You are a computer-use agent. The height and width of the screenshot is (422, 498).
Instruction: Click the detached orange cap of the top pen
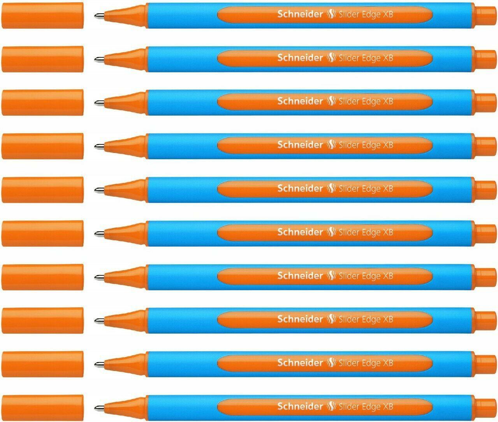(x=43, y=16)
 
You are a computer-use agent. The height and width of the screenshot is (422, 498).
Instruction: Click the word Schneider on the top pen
(x=300, y=14)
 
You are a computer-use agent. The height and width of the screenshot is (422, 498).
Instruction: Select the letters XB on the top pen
(x=388, y=14)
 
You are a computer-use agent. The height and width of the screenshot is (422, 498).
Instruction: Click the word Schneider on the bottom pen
(x=300, y=406)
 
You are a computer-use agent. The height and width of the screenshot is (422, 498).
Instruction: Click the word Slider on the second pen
(x=350, y=58)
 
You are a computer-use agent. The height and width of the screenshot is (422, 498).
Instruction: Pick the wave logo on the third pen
(x=331, y=102)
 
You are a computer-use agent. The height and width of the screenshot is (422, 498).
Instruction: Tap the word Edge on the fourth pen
(x=371, y=145)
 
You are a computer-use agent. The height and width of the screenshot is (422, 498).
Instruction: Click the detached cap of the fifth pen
(x=43, y=190)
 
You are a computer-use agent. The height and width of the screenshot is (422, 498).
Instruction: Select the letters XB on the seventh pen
(x=388, y=276)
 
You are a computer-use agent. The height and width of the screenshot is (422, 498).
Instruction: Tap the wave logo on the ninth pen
(x=331, y=363)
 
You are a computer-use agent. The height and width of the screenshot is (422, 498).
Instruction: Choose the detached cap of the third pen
(x=43, y=103)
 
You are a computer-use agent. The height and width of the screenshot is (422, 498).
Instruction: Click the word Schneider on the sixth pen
(x=300, y=232)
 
